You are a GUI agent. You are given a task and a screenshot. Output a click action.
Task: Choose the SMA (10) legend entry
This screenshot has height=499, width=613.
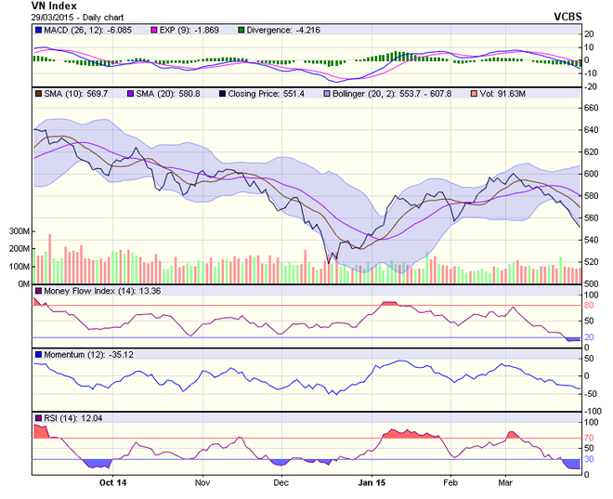coord(70,94)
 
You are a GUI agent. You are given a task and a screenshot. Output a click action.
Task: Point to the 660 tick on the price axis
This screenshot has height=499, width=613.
coord(590,108)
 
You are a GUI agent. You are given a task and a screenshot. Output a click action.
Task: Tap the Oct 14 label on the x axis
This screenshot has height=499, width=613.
coord(111,483)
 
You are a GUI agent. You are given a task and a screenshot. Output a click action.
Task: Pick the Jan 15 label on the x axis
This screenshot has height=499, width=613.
coord(372,483)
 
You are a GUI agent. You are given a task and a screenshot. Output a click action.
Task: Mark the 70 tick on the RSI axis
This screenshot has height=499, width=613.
coord(588,438)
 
